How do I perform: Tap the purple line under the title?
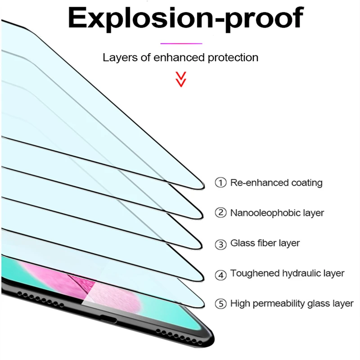click(181, 44)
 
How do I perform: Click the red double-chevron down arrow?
click(181, 79)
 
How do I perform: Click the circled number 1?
click(220, 183)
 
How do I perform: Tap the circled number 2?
click(220, 213)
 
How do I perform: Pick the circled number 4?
click(220, 274)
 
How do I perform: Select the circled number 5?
click(220, 304)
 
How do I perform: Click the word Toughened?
click(253, 274)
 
